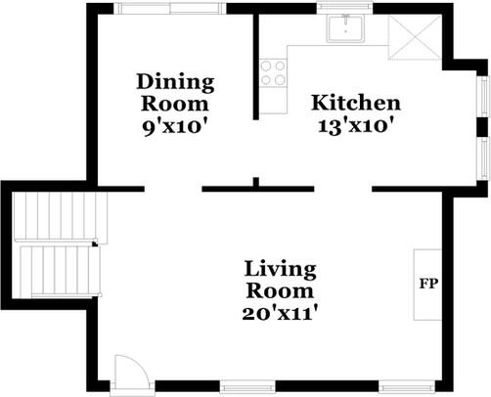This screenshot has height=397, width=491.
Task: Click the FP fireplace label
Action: (x=427, y=285)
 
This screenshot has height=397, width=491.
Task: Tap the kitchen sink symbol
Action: (x=345, y=28)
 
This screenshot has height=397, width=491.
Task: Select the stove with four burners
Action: (x=273, y=71)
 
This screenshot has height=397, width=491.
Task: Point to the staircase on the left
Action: (x=56, y=243)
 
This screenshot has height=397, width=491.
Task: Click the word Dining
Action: (x=174, y=81)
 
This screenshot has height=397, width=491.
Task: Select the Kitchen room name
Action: (x=355, y=103)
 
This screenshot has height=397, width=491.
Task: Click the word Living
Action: (x=280, y=269)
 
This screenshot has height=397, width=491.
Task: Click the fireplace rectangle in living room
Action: (x=427, y=284)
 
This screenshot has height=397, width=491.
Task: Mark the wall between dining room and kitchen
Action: (x=257, y=64)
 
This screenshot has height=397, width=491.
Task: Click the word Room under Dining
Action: (x=174, y=103)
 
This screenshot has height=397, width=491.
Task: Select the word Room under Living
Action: (x=280, y=291)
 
